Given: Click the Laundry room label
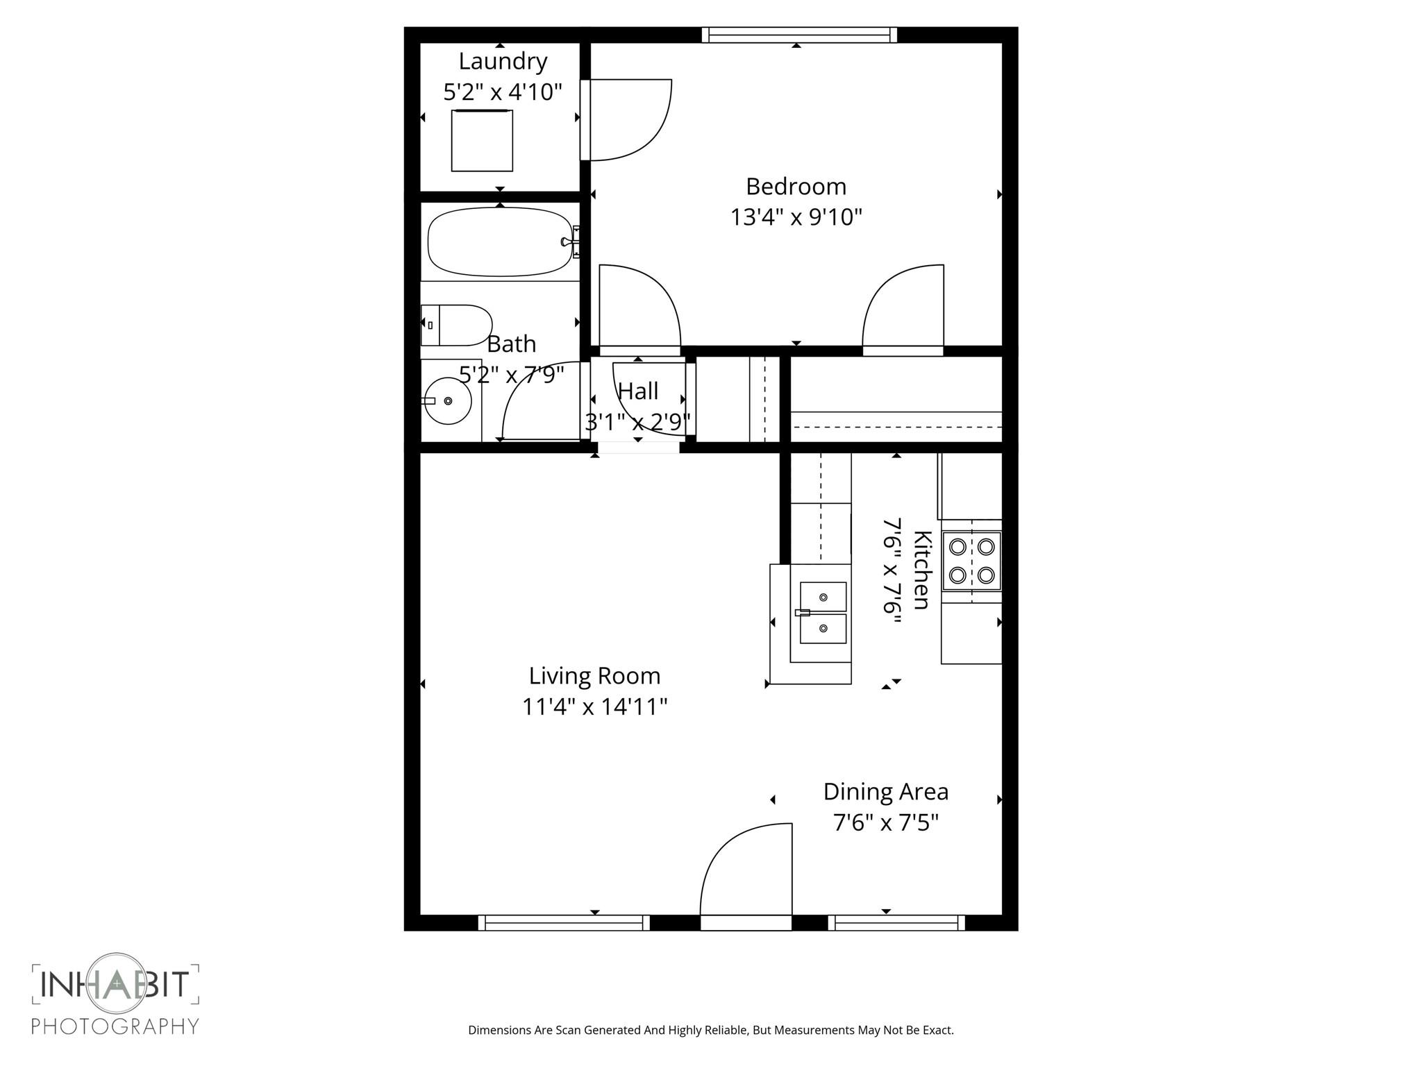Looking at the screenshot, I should tap(503, 61).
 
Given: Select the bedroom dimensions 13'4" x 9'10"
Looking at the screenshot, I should tap(796, 217).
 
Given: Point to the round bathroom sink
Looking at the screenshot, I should tap(448, 400).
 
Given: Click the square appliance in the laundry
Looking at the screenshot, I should tap(482, 141).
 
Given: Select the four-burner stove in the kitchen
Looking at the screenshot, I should tap(971, 561).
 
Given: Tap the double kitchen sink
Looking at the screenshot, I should tap(823, 613).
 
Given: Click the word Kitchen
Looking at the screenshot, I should tap(921, 570).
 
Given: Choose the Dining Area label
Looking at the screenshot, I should tap(885, 791).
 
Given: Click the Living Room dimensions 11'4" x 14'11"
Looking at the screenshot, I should tap(594, 707).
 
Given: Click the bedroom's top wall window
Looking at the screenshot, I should tap(798, 34).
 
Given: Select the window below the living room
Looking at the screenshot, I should tap(564, 922).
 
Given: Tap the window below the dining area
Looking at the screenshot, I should tap(896, 922).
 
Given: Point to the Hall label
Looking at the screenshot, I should tap(637, 391).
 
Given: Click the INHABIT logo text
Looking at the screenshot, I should tap(115, 984).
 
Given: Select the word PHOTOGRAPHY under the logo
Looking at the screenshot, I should tap(115, 1026).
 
